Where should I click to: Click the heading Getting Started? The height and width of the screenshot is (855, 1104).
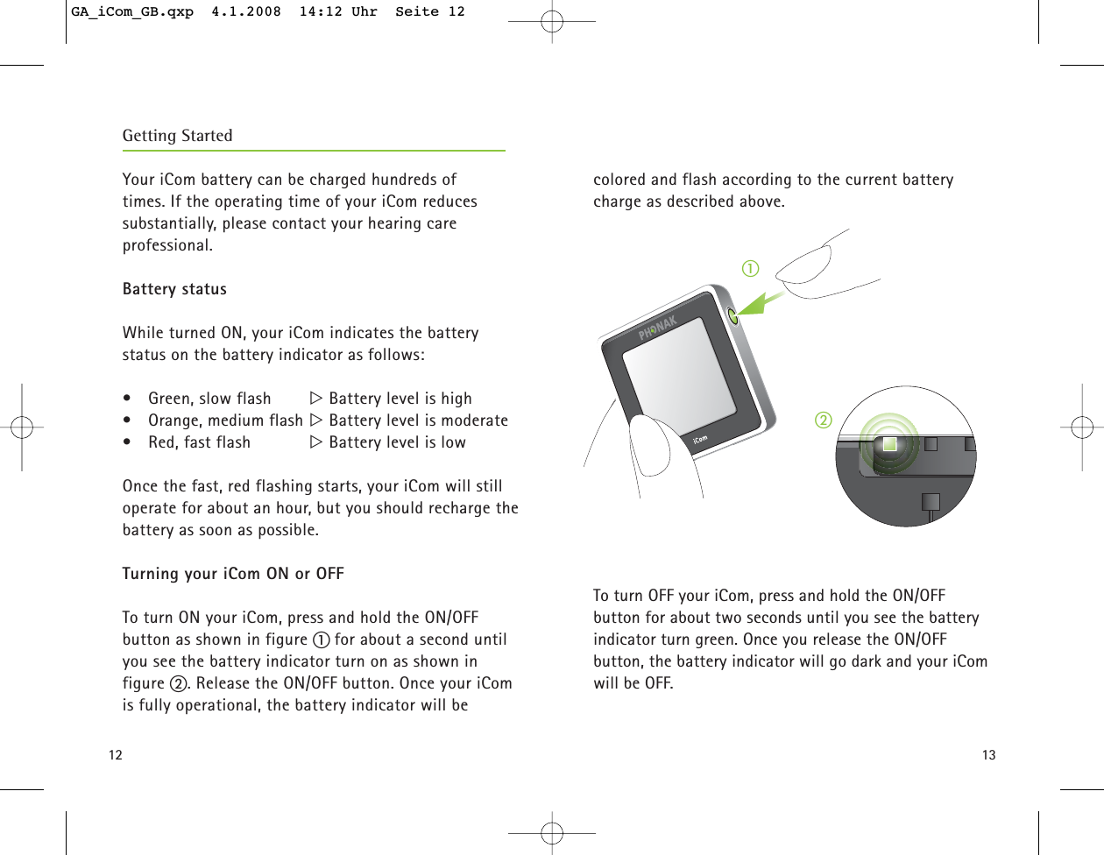[x=177, y=136]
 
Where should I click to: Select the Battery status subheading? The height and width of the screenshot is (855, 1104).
[x=174, y=289]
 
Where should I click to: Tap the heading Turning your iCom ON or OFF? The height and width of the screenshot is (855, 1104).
[x=233, y=574]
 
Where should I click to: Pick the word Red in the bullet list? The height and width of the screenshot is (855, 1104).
[x=162, y=442]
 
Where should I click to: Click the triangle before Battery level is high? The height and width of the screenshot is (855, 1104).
[x=316, y=399]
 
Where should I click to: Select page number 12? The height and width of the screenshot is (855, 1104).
[x=116, y=755]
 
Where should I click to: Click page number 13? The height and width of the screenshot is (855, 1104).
[x=988, y=755]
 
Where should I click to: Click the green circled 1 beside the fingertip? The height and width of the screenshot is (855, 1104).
[x=750, y=269]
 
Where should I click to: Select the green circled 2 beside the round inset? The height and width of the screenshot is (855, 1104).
[x=823, y=420]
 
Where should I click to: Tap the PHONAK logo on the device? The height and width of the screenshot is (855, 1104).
[x=658, y=328]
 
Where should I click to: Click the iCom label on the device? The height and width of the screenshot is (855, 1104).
[x=700, y=439]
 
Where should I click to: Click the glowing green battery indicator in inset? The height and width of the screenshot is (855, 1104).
[x=889, y=444]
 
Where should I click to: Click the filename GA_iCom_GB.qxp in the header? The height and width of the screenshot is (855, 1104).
[x=132, y=12]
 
